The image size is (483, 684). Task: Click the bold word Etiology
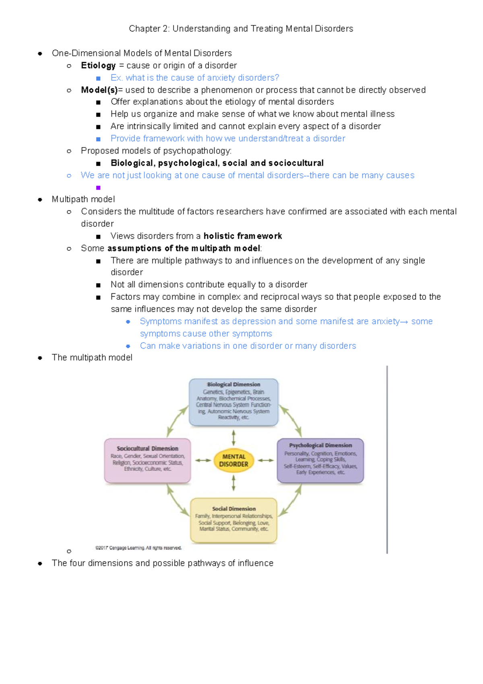[98, 65]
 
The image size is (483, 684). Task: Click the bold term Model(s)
[99, 90]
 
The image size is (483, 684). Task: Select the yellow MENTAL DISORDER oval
[233, 460]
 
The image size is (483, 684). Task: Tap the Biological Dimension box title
[233, 385]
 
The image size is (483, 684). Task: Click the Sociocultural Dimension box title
[147, 448]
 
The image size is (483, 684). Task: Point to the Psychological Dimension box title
[320, 445]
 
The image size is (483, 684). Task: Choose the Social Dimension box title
[234, 509]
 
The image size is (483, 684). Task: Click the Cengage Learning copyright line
[138, 548]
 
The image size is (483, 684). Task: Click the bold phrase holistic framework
[242, 236]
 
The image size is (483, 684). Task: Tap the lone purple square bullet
[98, 187]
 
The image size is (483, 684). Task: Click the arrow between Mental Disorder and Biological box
[233, 437]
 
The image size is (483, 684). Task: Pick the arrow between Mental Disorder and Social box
[233, 483]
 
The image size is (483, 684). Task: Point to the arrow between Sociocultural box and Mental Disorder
[203, 460]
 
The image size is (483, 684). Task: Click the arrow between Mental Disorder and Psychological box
[266, 460]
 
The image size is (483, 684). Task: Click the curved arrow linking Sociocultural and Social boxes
[177, 501]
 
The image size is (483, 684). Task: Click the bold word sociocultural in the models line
[296, 163]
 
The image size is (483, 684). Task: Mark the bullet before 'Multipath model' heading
[40, 200]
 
